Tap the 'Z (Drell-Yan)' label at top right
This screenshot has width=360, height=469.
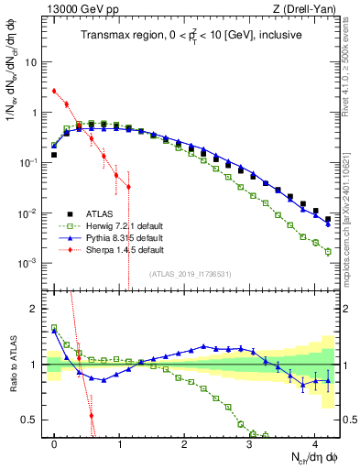308,9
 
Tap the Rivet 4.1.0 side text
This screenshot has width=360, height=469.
352,64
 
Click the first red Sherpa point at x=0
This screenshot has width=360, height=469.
55,91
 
